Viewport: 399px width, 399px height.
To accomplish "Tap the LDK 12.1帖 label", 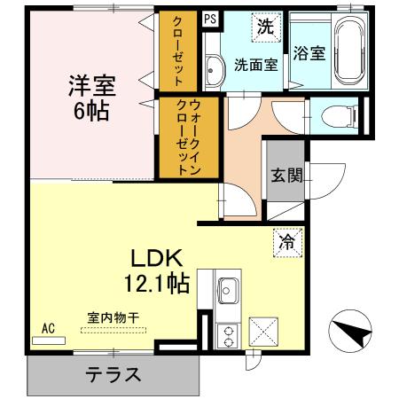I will pos(160,272).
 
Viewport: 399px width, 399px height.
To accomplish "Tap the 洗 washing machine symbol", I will pos(265,27).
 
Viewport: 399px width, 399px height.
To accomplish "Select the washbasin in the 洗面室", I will pos(214,70).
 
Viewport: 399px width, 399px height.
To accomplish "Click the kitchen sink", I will pos(227,290).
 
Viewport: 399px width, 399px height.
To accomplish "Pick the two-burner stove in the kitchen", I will pos(227,334).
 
